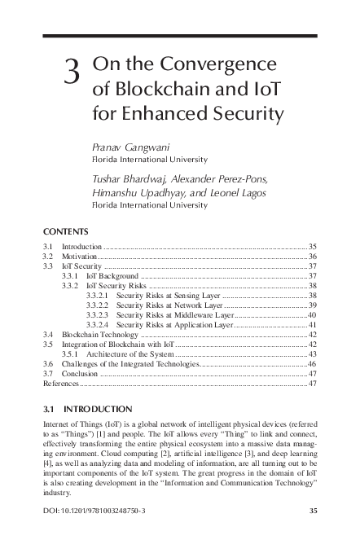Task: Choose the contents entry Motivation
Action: click(x=80, y=256)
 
